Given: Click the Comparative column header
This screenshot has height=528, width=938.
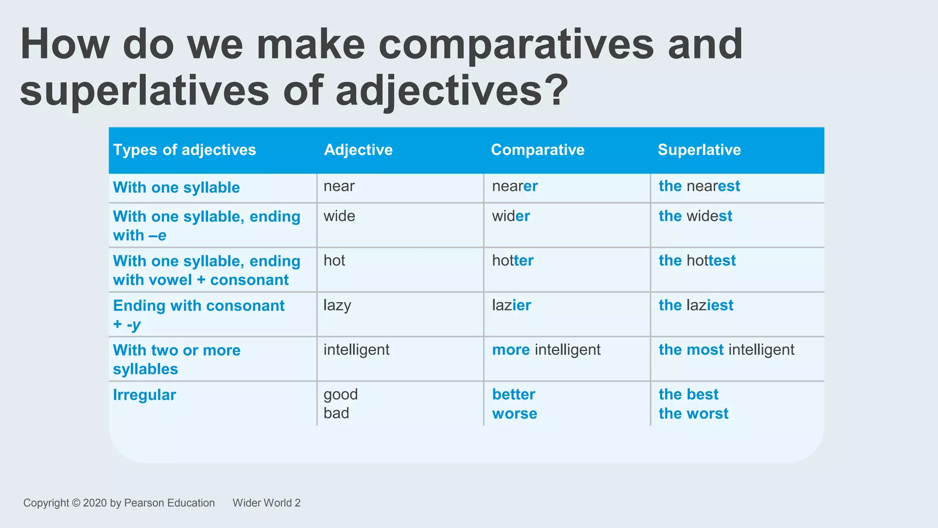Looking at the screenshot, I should click(x=538, y=150).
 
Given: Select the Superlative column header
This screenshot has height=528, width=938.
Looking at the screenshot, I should click(x=699, y=150).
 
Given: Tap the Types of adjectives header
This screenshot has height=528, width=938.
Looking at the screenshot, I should click(x=185, y=150).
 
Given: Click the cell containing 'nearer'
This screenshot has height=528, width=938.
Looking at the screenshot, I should click(x=515, y=186).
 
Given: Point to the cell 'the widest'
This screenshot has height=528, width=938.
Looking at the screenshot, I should click(x=695, y=216).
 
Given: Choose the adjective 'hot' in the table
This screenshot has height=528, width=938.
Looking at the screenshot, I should click(x=334, y=260).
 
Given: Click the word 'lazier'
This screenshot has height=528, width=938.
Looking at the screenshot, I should click(x=512, y=305).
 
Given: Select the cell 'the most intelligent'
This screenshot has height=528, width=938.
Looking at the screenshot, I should click(x=726, y=350).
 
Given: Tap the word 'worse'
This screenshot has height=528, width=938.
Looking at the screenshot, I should click(x=514, y=413).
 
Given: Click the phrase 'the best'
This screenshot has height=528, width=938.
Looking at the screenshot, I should click(x=688, y=394).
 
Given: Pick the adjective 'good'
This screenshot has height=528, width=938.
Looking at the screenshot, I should click(x=341, y=394).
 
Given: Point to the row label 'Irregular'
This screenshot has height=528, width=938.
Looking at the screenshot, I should click(x=144, y=395).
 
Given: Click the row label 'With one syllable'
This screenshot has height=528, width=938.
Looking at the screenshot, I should click(x=176, y=187).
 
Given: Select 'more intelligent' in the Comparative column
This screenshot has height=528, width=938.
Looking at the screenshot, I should click(x=546, y=350).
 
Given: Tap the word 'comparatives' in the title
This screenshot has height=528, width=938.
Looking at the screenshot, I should click(x=516, y=44).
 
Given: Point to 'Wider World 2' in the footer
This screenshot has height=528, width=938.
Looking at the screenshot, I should click(x=267, y=503).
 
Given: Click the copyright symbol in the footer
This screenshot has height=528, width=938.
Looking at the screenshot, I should click(x=76, y=503).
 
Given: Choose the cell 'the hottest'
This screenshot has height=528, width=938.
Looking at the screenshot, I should click(x=697, y=260).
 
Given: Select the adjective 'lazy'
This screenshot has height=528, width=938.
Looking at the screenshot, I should click(x=337, y=305).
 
